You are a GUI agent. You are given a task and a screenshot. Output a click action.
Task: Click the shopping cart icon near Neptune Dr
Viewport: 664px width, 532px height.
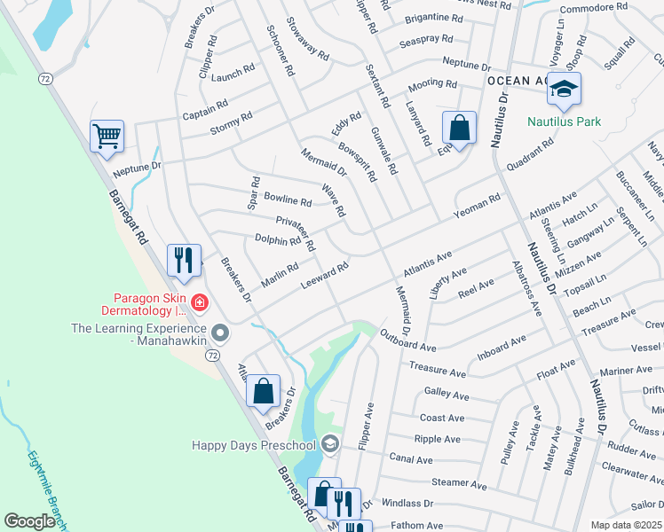pyautogui.click(x=107, y=137)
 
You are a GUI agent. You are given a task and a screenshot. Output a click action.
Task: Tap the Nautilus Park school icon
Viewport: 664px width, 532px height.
pyautogui.click(x=563, y=89)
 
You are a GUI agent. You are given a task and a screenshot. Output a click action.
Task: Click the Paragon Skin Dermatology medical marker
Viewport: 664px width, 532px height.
pyautogui.click(x=199, y=303)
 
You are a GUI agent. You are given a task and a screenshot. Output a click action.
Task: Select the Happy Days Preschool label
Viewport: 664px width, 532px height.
pyautogui.click(x=257, y=443)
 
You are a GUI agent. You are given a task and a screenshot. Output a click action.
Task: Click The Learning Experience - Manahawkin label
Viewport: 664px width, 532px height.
pyautogui.click(x=138, y=333)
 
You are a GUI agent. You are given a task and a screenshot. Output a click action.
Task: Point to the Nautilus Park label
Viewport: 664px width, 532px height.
pyautogui.click(x=564, y=122)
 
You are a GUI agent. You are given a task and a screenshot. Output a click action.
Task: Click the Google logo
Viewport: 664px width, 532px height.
pyautogui.click(x=29, y=521)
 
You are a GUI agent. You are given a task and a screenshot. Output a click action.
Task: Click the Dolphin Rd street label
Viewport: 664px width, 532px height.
pyautogui.click(x=278, y=240)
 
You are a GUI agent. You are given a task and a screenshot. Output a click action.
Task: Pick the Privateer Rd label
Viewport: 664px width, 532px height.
pyautogui.click(x=296, y=233)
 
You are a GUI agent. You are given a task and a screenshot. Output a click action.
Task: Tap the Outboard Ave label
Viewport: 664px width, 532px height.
pyautogui.click(x=407, y=340)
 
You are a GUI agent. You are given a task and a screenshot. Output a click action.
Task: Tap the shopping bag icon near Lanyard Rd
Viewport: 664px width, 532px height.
pyautogui.click(x=459, y=127)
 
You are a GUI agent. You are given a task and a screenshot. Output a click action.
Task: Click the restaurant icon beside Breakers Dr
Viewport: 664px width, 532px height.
pyautogui.click(x=184, y=260)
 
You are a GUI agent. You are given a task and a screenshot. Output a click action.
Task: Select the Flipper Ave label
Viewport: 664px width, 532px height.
pyautogui.click(x=365, y=426)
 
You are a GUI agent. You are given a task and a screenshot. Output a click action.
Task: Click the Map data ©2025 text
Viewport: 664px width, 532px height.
pyautogui.click(x=626, y=525)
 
